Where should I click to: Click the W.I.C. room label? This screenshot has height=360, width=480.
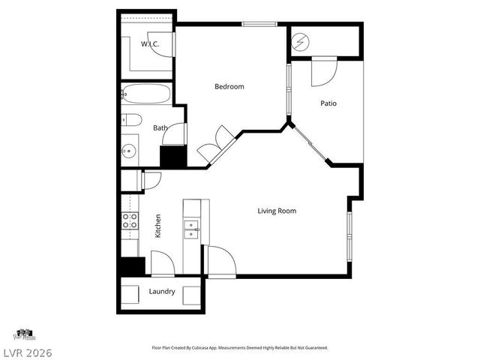(148, 44)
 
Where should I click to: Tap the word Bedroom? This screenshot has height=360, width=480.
(229, 87)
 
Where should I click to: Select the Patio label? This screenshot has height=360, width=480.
(328, 103)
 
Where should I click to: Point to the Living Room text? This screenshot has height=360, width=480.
(277, 211)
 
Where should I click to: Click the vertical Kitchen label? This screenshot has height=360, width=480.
(157, 226)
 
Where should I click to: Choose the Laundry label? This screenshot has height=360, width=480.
(162, 291)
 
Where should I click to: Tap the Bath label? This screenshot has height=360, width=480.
(160, 128)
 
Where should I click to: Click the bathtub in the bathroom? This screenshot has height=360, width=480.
(146, 94)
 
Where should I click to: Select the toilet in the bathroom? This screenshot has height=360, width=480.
(130, 119)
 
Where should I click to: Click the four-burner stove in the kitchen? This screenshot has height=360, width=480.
(129, 220)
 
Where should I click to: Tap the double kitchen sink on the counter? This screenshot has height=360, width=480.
(192, 228)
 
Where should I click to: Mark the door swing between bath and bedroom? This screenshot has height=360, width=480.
(175, 134)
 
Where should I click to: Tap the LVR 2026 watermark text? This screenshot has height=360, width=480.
(26, 350)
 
